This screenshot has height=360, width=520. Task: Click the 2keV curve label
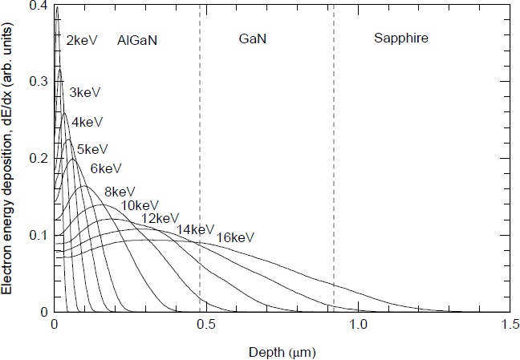(x=81, y=39)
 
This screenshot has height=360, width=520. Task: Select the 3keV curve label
(x=84, y=92)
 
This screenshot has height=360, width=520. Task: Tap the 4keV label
(x=87, y=123)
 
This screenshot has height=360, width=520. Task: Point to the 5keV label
(x=92, y=149)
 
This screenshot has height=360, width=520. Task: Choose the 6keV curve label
(x=106, y=168)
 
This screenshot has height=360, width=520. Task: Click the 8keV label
(x=120, y=192)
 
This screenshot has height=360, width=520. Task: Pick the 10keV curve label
(x=140, y=205)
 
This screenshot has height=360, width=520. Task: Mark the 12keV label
(x=160, y=218)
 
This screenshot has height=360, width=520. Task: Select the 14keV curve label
(x=196, y=230)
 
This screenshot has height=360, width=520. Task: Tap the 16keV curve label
(x=235, y=237)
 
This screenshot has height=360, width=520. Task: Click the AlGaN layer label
(x=136, y=39)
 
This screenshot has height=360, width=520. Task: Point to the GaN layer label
(x=253, y=38)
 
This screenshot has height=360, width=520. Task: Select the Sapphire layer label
(x=401, y=38)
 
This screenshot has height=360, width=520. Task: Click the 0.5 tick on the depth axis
(x=206, y=326)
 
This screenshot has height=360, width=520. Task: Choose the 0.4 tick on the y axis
(x=38, y=6)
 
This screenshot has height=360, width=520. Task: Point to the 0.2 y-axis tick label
(x=38, y=159)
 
